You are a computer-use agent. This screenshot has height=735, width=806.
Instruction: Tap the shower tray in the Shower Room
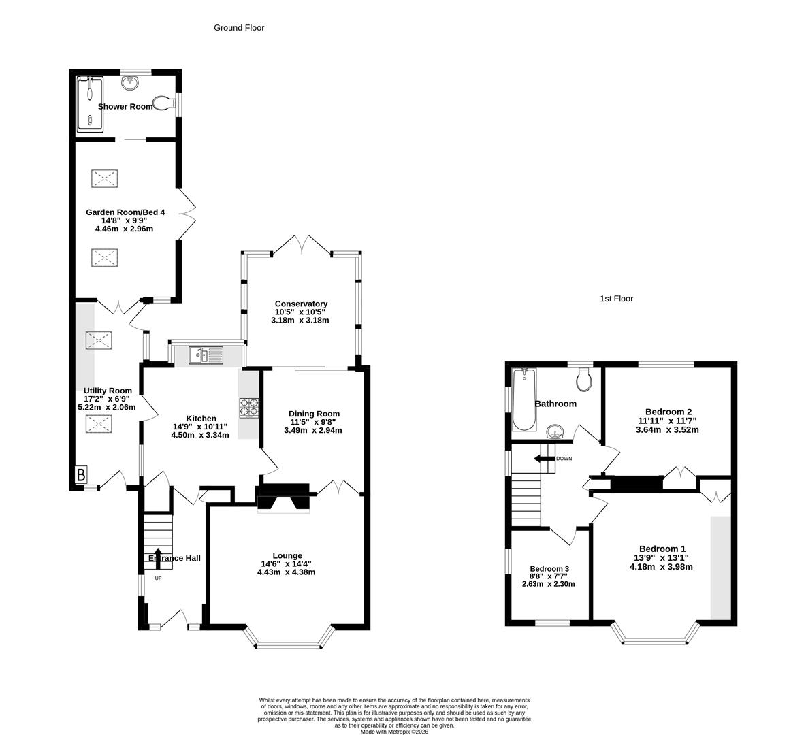click(90, 103)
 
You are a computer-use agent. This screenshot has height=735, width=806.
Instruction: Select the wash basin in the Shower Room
click(130, 82)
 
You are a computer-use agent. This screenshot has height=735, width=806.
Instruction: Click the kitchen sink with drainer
click(206, 355)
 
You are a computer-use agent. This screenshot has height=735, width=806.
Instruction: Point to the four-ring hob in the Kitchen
click(248, 407)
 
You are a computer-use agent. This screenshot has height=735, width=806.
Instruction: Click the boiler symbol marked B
click(80, 474)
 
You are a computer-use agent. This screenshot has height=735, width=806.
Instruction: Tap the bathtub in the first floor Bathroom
click(523, 399)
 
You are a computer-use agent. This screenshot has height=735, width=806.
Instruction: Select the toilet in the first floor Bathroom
click(584, 380)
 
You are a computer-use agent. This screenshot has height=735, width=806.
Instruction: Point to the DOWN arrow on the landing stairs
click(545, 459)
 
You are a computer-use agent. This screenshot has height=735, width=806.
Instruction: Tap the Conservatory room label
click(301, 304)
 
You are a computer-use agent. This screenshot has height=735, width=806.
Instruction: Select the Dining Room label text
click(314, 414)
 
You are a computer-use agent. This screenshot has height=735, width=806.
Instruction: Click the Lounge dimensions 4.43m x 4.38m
click(286, 572)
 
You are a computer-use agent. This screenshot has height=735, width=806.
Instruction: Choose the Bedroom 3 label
click(549, 569)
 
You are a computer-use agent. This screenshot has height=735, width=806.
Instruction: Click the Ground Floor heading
click(239, 28)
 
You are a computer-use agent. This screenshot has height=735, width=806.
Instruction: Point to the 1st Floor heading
click(616, 299)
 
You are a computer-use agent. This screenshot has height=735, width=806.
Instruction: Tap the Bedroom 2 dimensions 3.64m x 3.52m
click(667, 429)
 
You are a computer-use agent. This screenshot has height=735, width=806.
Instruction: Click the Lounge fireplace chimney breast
click(283, 497)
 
